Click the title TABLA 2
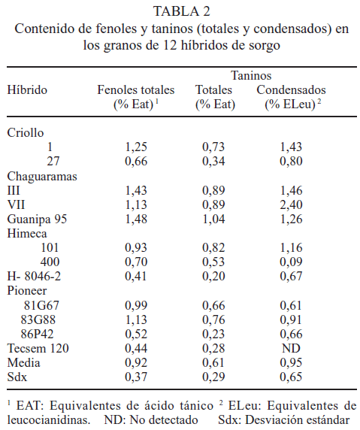(182, 11)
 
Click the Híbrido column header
(27, 90)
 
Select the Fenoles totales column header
(136, 90)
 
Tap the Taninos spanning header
(251, 75)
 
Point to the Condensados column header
(291, 90)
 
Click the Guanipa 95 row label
(37, 219)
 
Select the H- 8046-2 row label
(34, 276)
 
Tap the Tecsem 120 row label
(38, 348)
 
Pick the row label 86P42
(38, 334)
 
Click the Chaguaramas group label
(42, 177)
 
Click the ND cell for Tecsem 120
(291, 348)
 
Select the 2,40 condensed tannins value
(291, 205)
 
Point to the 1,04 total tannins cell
(214, 219)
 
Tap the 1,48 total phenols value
(136, 219)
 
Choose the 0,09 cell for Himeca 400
(291, 262)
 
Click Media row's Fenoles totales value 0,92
(136, 362)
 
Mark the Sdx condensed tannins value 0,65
(291, 377)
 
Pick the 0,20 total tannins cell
(214, 276)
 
